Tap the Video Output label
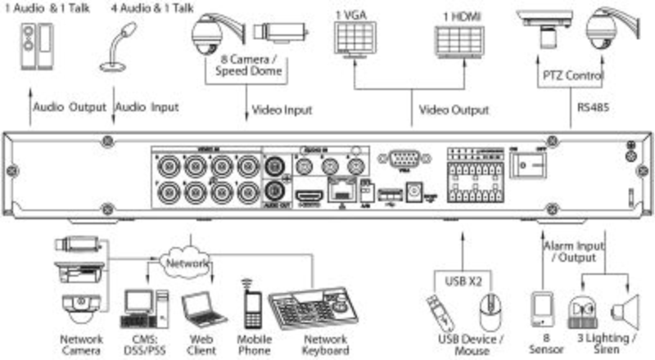(x=454, y=109)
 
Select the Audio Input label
(x=147, y=106)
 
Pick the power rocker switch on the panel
(x=527, y=166)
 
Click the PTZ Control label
(x=573, y=75)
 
